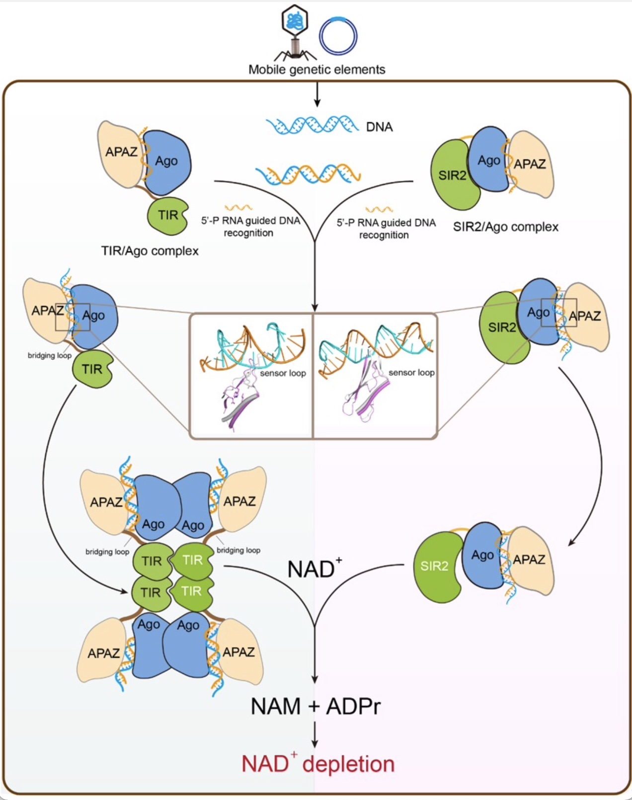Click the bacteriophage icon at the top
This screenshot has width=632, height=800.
(295, 33)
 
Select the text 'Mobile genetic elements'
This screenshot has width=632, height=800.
(316, 70)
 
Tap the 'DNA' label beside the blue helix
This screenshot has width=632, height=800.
(379, 127)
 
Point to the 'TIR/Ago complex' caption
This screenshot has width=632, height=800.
(150, 251)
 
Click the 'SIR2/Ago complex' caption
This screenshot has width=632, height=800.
(506, 227)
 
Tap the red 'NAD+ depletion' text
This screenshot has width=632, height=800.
(318, 763)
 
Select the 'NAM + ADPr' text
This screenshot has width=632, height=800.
(316, 706)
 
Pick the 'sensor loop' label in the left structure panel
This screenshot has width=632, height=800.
(283, 373)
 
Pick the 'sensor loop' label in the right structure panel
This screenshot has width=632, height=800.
(411, 373)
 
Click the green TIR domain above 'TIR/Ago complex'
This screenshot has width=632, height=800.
(168, 216)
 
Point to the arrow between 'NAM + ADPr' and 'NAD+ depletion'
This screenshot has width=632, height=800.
(315, 734)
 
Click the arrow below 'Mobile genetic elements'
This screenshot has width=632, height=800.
(316, 94)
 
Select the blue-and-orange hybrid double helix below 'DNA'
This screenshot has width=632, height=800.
(308, 173)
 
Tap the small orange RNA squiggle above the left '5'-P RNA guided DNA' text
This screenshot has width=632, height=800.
(238, 207)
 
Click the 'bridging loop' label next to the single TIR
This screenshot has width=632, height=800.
(50, 355)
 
